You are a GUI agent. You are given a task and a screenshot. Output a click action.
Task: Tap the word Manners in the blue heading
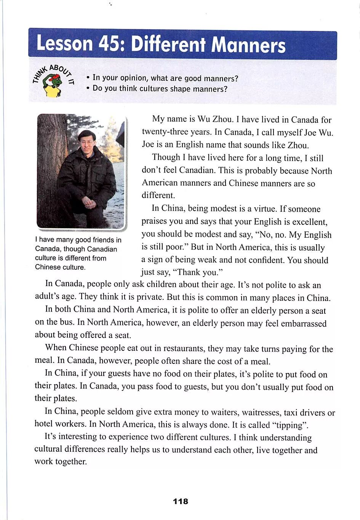pos(248,45)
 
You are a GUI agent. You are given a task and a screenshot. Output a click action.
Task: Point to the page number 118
pos(180,501)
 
